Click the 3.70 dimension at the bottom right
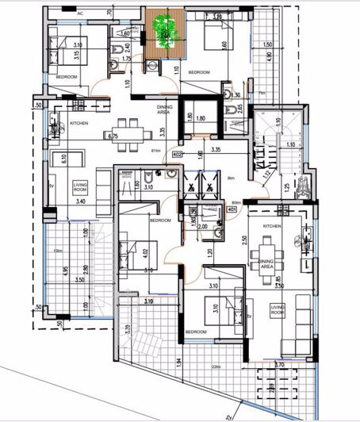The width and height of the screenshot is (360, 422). point(301,364)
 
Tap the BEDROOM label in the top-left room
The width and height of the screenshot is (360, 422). point(66,76)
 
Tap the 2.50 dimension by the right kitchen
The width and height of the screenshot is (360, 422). point(245,240)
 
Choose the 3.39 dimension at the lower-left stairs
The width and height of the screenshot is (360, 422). point(128,329)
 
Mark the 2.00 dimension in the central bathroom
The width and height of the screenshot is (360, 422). point(201,226)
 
